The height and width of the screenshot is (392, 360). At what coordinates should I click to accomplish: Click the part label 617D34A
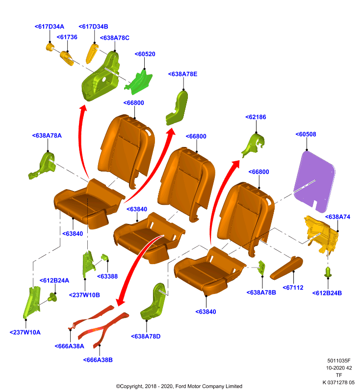pos(49,26)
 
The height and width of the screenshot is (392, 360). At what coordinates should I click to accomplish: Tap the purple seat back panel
pos(314,181)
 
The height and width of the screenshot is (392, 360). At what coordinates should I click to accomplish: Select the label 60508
pos(306,134)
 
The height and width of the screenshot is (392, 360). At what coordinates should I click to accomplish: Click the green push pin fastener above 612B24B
pos(328,272)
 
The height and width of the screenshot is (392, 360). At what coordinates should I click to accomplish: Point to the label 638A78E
pos(182,74)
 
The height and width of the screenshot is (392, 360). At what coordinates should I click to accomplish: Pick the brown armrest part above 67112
pos(286,268)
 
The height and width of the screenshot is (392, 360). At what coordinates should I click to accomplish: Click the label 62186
pos(256,117)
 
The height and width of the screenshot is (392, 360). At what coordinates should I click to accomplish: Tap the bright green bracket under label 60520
pos(138,82)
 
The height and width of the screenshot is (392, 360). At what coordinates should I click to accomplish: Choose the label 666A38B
pos(98,360)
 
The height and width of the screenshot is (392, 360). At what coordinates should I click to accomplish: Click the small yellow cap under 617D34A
pos(50,47)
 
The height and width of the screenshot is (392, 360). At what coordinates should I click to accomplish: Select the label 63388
pos(107,276)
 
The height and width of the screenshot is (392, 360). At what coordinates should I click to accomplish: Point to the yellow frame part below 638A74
pos(321,234)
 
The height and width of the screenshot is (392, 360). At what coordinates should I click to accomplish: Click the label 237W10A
pos(25,332)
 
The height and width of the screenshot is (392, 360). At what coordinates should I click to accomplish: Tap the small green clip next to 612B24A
pos(53,297)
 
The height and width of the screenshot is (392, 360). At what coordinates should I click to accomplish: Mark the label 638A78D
pos(146,336)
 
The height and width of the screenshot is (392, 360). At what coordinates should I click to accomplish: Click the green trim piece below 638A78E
pos(177,108)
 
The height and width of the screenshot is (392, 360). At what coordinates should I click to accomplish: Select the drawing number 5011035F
pos(339,361)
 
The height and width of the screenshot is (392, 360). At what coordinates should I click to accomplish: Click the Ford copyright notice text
pos(179,386)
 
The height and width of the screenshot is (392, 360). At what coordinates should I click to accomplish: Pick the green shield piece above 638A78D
pos(153,301)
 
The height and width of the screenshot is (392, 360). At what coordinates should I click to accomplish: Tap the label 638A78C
pos(115,38)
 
